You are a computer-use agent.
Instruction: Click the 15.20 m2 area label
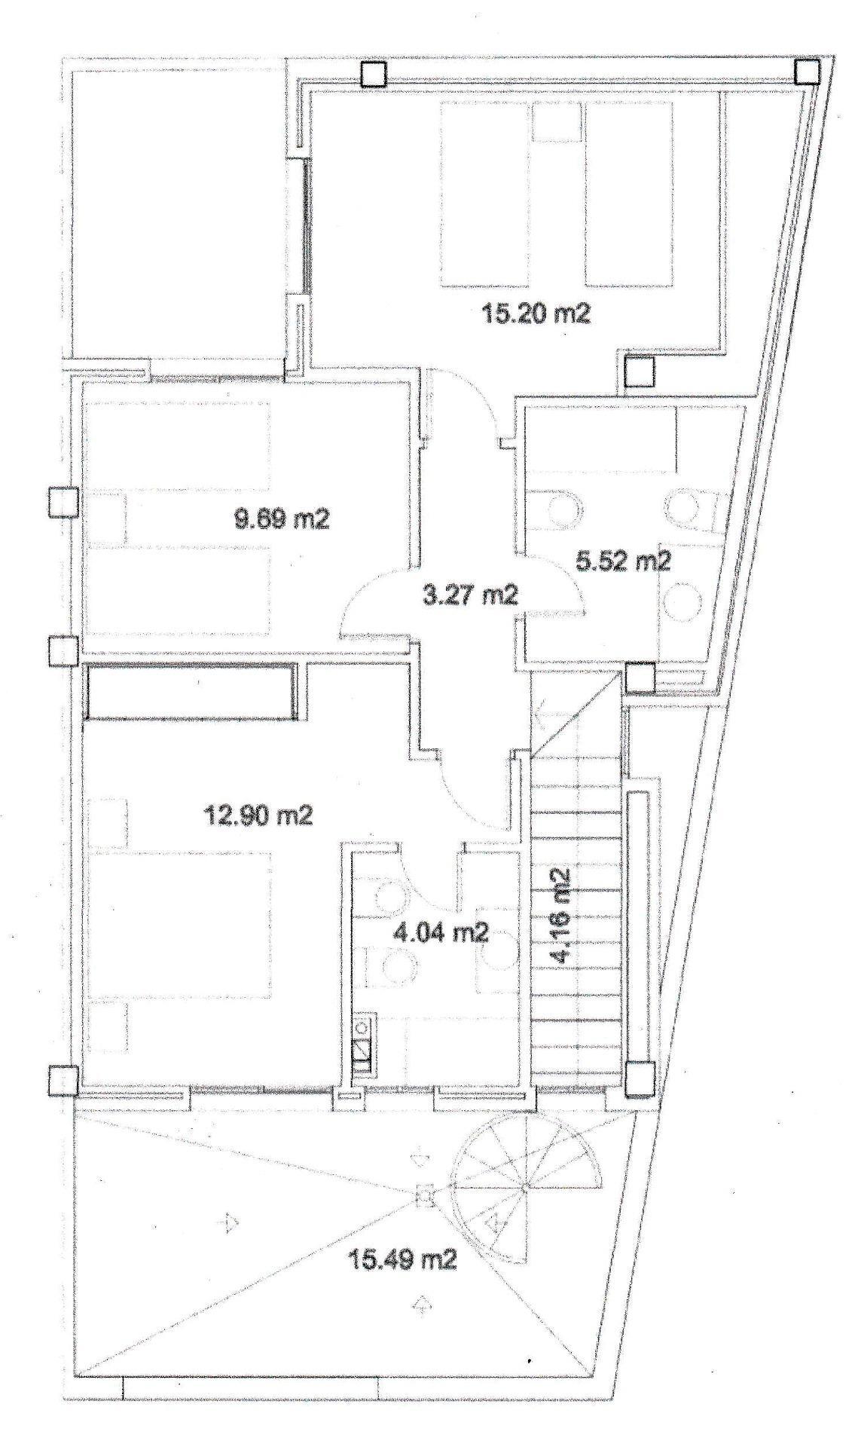pyautogui.click(x=536, y=313)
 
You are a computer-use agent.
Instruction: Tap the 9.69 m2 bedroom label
pyautogui.click(x=282, y=519)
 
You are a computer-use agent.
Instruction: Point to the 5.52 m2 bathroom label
pyautogui.click(x=623, y=561)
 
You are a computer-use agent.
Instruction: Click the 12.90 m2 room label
pyautogui.click(x=258, y=815)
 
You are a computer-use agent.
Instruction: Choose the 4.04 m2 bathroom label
pyautogui.click(x=441, y=933)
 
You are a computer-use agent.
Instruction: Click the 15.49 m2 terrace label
pyautogui.click(x=402, y=1258)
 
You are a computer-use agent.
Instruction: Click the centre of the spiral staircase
pyautogui.click(x=525, y=1188)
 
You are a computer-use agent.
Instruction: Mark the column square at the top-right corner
pyautogui.click(x=807, y=72)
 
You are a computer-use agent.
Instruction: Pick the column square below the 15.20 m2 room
pyautogui.click(x=639, y=372)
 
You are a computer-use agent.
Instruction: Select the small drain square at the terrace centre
pyautogui.click(x=425, y=1195)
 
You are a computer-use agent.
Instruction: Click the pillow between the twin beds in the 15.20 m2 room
pyautogui.click(x=557, y=123)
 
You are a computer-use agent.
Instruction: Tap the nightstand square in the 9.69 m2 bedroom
pyautogui.click(x=108, y=519)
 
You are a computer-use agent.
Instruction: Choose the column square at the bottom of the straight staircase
pyautogui.click(x=640, y=1078)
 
